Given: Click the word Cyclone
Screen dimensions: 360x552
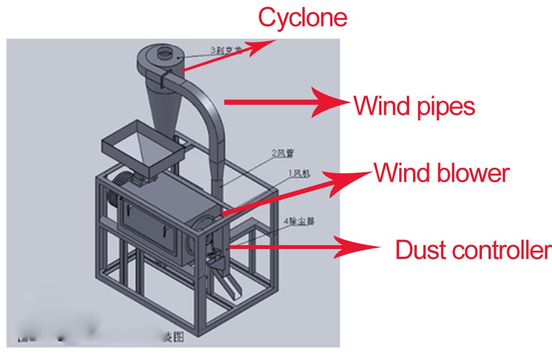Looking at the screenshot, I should click(x=302, y=18).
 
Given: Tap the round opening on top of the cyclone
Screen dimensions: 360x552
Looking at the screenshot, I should click(x=164, y=54).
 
